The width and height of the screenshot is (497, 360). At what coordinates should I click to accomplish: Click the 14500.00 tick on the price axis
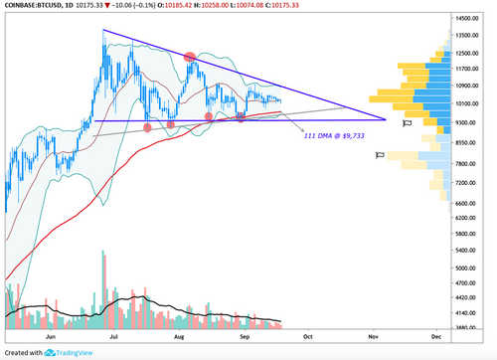pos(468,18)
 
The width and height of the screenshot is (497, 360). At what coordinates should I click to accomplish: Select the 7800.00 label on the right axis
pos(467,164)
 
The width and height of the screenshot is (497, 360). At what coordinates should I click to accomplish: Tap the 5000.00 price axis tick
pos(467,268)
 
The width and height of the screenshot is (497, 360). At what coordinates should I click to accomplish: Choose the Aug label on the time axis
pos(179,335)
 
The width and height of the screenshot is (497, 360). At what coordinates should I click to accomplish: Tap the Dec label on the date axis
pos(435,335)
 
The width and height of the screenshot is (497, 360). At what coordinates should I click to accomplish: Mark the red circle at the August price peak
pos(190,57)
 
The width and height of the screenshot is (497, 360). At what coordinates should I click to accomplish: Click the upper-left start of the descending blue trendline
pos(104,30)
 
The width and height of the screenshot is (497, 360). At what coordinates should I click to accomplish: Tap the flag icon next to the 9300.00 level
pos(407,123)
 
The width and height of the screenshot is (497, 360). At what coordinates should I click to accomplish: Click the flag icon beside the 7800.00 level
pos(379,156)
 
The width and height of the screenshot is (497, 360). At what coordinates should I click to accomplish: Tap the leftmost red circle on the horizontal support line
pos(148,126)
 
